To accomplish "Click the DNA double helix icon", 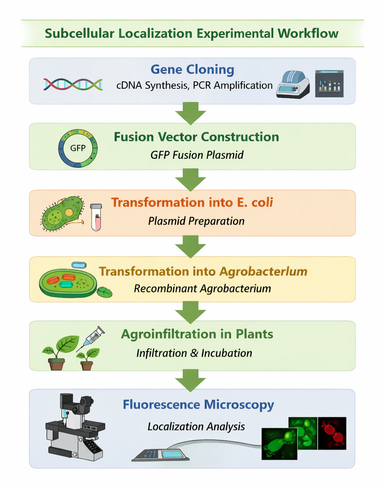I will click(73, 84).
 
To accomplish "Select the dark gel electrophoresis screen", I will click(329, 84).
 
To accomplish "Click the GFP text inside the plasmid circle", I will click(78, 148).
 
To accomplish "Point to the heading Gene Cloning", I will click(192, 69).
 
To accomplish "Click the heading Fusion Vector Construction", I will click(196, 137).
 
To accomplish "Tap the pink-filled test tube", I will click(96, 217).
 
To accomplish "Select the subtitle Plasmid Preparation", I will click(196, 221).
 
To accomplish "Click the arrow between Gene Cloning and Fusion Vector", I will click(191, 113).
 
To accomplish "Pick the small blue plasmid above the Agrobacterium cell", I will click(79, 265).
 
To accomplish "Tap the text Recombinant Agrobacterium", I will click(202, 289).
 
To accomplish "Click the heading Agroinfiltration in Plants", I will click(197, 334).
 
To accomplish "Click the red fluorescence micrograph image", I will click(332, 433).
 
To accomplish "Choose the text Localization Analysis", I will click(196, 427).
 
